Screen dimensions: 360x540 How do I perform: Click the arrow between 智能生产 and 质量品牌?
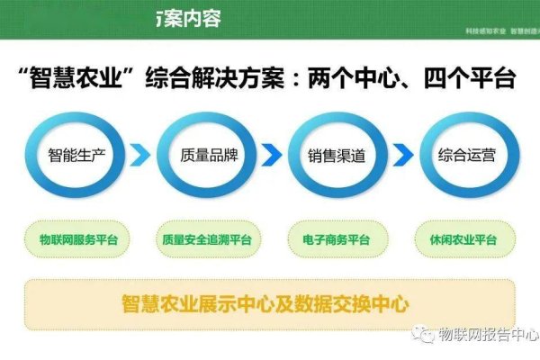(x=140, y=158)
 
